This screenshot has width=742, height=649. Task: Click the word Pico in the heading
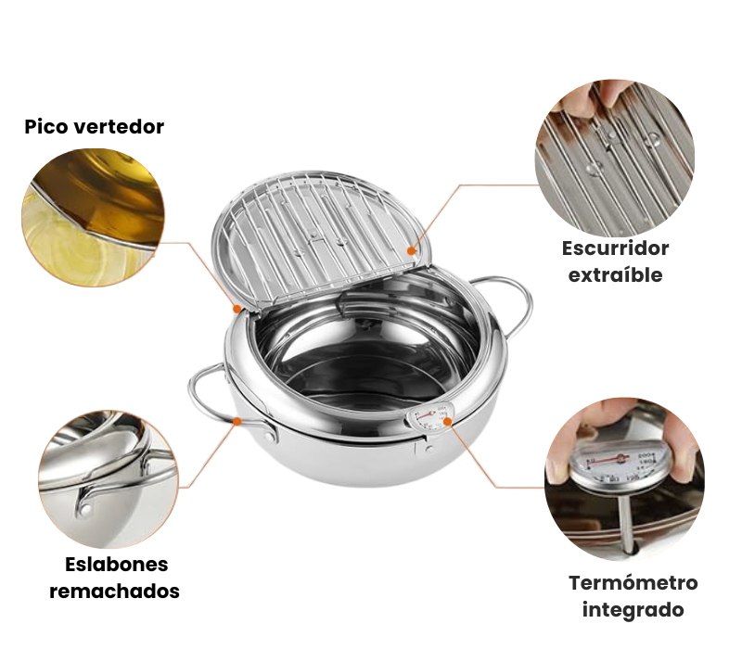click(x=45, y=127)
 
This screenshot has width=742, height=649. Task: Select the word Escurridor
click(x=615, y=248)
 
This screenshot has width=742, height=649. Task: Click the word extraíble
click(x=615, y=274)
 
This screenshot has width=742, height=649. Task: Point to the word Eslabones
click(x=117, y=565)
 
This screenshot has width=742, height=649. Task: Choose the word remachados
click(x=114, y=592)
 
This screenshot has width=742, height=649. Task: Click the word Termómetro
click(x=633, y=583)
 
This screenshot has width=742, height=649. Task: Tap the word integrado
click(x=633, y=610)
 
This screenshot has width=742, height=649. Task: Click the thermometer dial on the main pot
click(x=429, y=418)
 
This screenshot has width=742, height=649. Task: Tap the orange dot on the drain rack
click(x=412, y=250)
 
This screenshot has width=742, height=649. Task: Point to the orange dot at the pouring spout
click(x=237, y=309)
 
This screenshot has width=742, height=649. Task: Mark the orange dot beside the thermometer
click(x=447, y=421)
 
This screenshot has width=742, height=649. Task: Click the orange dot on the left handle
click(x=237, y=421)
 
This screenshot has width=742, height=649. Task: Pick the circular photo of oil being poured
click(x=93, y=218)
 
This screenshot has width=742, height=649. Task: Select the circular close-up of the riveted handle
click(x=109, y=478)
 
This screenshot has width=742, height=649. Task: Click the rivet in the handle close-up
click(x=85, y=509)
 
